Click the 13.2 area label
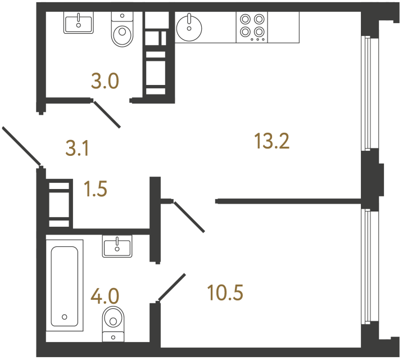(271, 141)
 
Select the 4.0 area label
(105, 295)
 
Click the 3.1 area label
(78, 148)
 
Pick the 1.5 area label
(95, 189)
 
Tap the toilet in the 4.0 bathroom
(114, 321)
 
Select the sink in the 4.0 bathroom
(117, 246)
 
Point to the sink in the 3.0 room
(78, 23)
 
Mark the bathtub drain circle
(65, 317)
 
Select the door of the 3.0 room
(106, 114)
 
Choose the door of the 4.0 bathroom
(172, 287)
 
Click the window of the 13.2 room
(366, 93)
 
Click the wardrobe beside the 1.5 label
(59, 203)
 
